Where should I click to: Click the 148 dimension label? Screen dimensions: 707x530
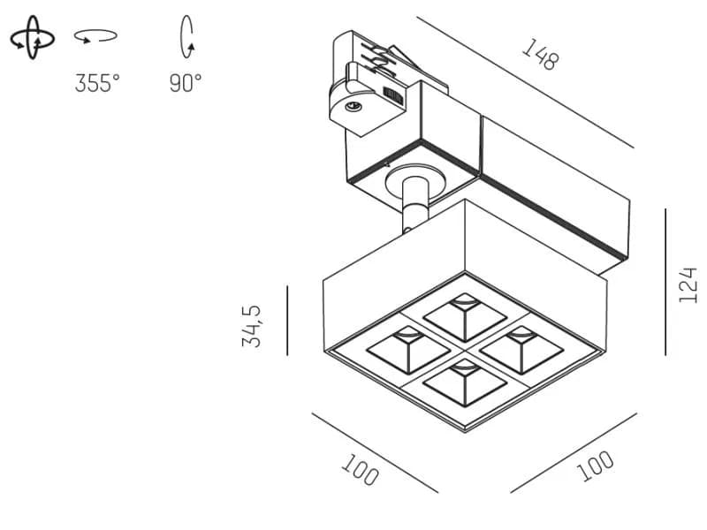click(540, 55)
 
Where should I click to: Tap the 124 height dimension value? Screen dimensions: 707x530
click(688, 284)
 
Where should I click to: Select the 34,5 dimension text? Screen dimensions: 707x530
click(251, 326)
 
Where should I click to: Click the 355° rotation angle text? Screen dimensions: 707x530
click(97, 83)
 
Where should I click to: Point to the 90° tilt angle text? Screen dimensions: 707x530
click(186, 83)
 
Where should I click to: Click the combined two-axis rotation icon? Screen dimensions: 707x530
click(33, 37)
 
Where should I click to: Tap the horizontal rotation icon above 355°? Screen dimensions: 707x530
click(95, 36)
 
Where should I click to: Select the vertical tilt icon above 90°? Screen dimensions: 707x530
click(187, 37)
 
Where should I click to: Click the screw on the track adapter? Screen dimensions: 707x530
click(353, 107)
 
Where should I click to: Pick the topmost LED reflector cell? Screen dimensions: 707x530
click(465, 317)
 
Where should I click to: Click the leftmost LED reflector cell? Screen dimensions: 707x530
click(408, 349)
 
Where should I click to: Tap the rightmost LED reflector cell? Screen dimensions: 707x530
click(521, 349)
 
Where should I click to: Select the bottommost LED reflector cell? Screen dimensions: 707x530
click(465, 382)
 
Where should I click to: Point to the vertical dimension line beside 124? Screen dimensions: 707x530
click(665, 282)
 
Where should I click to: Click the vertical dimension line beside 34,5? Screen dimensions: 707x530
click(287, 320)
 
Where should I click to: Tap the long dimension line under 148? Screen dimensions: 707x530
click(525, 82)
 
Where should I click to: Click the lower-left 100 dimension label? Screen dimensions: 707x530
click(360, 470)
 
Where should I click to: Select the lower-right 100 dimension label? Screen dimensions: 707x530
click(595, 466)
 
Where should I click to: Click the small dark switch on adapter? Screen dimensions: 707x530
click(393, 95)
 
